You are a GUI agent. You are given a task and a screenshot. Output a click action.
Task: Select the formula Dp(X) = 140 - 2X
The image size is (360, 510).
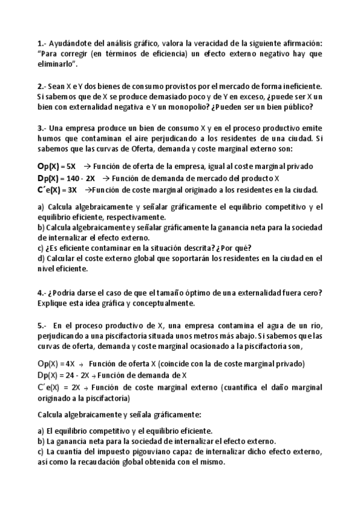66,178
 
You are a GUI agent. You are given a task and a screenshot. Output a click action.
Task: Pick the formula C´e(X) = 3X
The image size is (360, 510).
57,189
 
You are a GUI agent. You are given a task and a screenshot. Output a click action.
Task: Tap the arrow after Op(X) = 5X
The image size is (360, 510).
87,166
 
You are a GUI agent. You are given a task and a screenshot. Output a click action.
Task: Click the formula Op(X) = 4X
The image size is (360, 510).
56,364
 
